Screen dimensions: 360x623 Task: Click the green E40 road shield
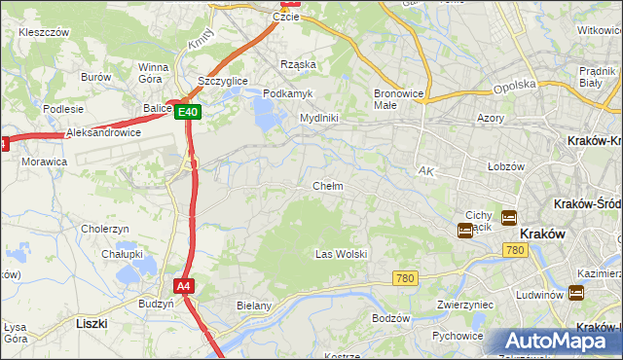click(189, 113)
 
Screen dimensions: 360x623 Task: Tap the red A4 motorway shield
click(183, 286)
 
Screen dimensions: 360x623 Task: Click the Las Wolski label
click(341, 254)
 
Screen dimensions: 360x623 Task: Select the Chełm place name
click(327, 186)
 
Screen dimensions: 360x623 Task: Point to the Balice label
click(157, 108)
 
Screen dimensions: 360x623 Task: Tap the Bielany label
click(254, 306)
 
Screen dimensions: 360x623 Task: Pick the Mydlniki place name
click(318, 118)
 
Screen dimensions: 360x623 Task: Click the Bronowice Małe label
click(396, 99)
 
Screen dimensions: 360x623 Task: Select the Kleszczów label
click(43, 32)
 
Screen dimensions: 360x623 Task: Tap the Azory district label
click(492, 118)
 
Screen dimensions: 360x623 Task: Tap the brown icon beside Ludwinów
click(576, 293)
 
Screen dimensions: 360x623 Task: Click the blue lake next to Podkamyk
click(265, 116)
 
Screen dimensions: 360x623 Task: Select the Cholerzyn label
click(105, 229)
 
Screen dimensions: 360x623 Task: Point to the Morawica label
click(44, 161)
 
